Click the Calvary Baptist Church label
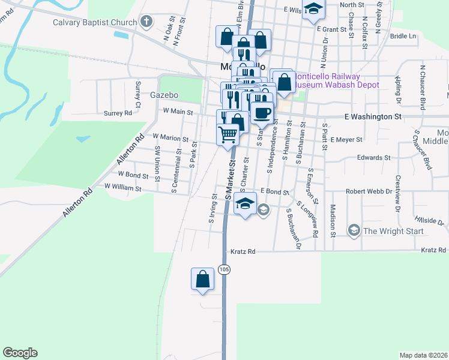pyautogui.click(x=95, y=23)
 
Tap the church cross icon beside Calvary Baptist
pyautogui.click(x=146, y=23)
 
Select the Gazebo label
pyautogui.click(x=165, y=95)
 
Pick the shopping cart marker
pyautogui.click(x=228, y=135)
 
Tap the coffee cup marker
pyautogui.click(x=261, y=112)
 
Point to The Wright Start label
pyautogui.click(x=393, y=231)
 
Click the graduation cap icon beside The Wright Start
pyautogui.click(x=354, y=230)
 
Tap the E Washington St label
pyautogui.click(x=373, y=116)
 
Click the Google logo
pyautogui.click(x=20, y=353)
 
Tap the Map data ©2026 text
pyautogui.click(x=423, y=355)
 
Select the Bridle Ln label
pyautogui.click(x=403, y=36)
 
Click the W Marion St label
pyautogui.click(x=170, y=137)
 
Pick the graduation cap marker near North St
pyautogui.click(x=313, y=10)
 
